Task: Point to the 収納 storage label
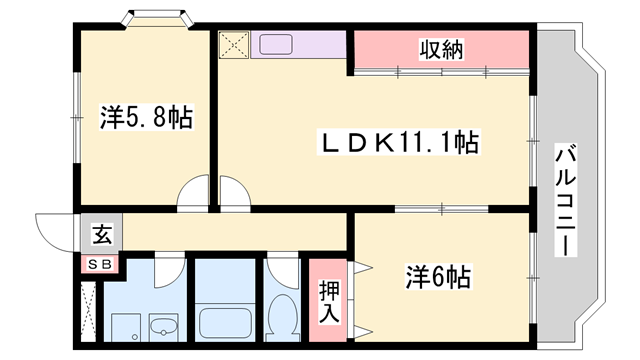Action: pos(442,48)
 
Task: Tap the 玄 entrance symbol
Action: pos(102,237)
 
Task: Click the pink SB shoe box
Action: pos(101,265)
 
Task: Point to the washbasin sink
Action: pos(160,327)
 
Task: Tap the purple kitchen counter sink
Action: pos(275,44)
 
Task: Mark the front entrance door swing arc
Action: pos(55,229)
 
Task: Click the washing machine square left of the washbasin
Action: pos(124,327)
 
